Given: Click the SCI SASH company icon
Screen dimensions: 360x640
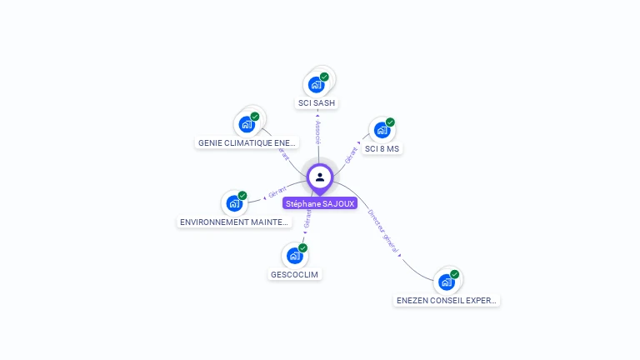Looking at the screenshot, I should pos(316,84).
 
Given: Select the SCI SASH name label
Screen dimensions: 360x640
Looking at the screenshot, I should pos(317,103).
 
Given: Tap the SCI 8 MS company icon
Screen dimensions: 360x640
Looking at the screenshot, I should pos(382,130).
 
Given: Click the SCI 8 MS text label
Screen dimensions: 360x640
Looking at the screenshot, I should pos(382,149).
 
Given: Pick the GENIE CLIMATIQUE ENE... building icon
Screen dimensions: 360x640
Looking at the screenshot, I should pos(247,124).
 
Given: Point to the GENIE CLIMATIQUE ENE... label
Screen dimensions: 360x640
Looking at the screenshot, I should pos(247,142).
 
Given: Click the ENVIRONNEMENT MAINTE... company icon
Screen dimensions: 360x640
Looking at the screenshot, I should pos(234,202).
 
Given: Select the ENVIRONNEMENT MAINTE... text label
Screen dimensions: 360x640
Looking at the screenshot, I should pos(235,222).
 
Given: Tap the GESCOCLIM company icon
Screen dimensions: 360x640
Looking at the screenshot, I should pos(294,255).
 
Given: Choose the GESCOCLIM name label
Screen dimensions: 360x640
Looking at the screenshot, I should pos(295,274).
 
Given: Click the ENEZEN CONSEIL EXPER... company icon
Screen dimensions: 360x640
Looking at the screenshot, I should pos(447,282).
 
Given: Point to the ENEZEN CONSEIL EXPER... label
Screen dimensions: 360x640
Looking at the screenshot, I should pos(447,301).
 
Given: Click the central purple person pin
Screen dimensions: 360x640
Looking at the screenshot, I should pos(320,177).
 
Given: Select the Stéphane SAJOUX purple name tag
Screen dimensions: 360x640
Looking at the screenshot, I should pos(320,203).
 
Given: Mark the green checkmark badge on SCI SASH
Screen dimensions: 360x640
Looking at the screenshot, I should pos(324,77).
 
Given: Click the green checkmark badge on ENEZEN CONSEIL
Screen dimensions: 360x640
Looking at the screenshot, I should pos(455,274).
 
